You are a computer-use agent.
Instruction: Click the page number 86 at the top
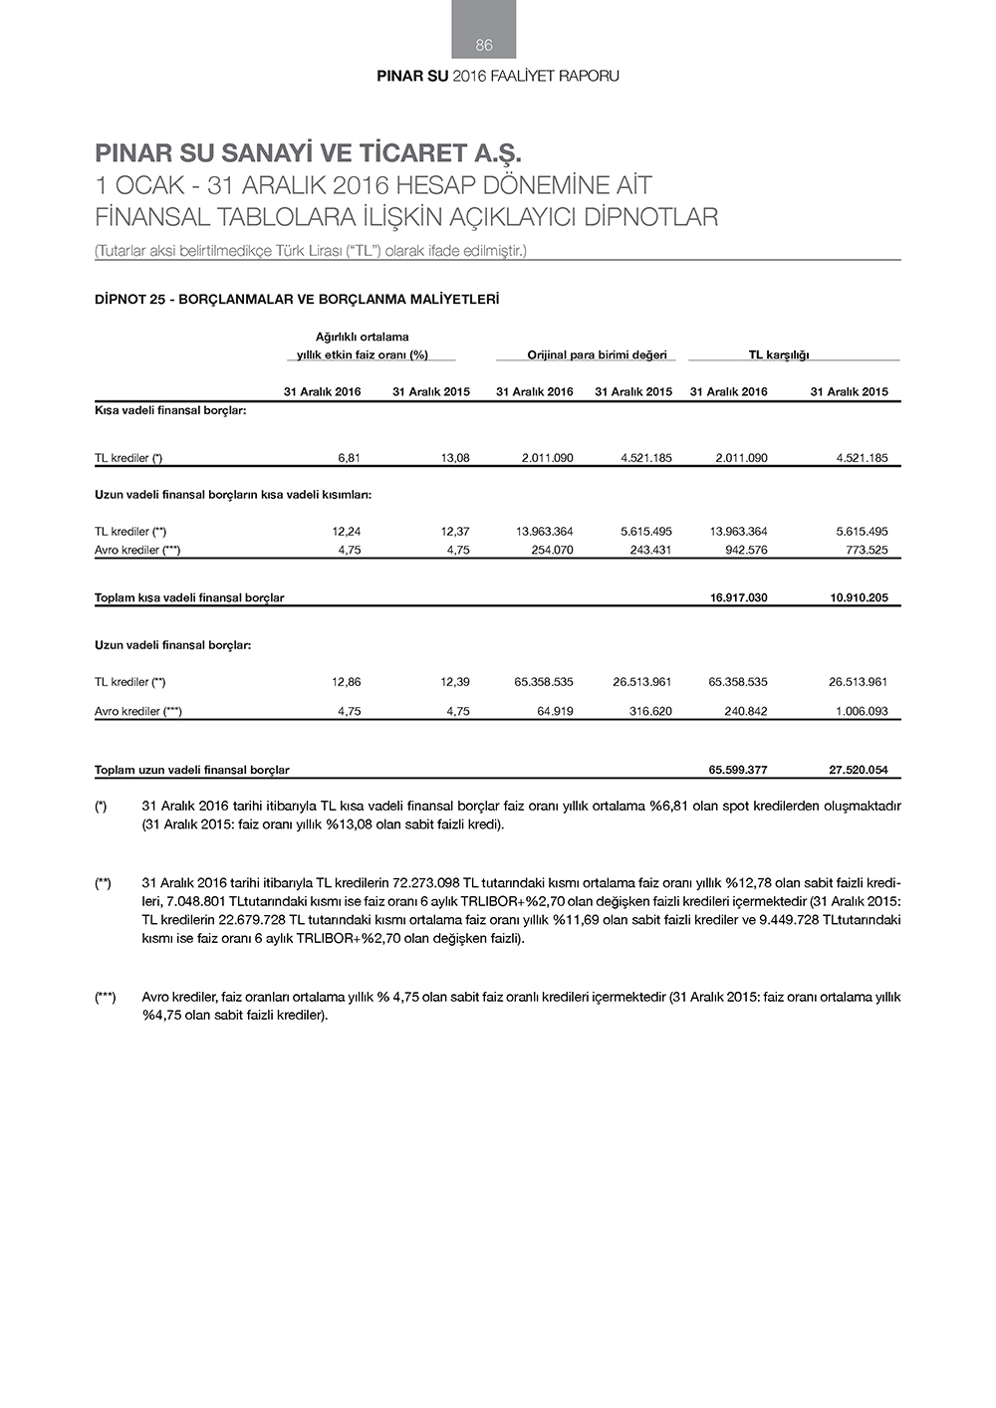pos(484,45)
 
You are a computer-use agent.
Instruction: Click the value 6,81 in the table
pos(349,458)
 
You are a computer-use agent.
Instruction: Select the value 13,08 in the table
pos(455,458)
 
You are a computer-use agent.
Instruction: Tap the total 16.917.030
pos(738,597)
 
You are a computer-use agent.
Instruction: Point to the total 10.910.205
pos(859,597)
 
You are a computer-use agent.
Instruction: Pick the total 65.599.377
pos(738,770)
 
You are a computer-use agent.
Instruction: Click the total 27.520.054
pos(859,770)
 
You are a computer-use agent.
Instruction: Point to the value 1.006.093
pos(862,711)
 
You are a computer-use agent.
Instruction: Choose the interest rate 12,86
pos(346,682)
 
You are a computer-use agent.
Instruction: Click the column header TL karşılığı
pos(779,354)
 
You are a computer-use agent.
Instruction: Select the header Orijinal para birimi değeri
pos(597,354)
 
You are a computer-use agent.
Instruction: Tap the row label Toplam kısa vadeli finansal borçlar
pos(189,597)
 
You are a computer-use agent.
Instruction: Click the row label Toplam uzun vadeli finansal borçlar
pos(191,770)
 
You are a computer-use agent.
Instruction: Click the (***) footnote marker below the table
pos(105,997)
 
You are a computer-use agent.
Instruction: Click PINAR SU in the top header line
pos(412,76)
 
